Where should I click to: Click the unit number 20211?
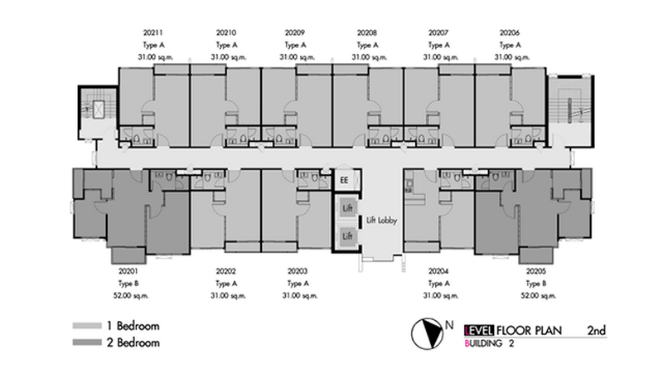click(x=153, y=32)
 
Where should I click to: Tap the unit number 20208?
click(x=367, y=32)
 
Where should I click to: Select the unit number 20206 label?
click(x=510, y=32)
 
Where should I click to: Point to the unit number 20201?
click(x=128, y=271)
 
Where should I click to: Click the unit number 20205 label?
click(x=536, y=271)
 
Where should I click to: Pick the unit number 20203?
click(x=298, y=271)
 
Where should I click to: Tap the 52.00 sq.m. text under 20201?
click(x=131, y=296)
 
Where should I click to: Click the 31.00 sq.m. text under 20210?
click(x=229, y=57)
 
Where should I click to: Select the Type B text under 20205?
click(x=536, y=284)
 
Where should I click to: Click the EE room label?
click(x=344, y=180)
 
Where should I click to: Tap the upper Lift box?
click(x=347, y=208)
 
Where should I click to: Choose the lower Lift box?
click(x=347, y=236)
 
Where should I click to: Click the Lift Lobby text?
click(x=382, y=221)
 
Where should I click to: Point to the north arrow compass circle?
click(x=427, y=334)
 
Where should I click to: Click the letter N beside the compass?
click(x=449, y=325)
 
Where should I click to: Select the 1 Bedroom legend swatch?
click(x=87, y=326)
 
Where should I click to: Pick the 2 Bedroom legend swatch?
click(x=87, y=342)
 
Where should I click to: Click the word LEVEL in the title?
click(x=479, y=330)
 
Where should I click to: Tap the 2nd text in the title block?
click(x=596, y=330)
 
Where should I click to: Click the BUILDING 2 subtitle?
click(x=489, y=343)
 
